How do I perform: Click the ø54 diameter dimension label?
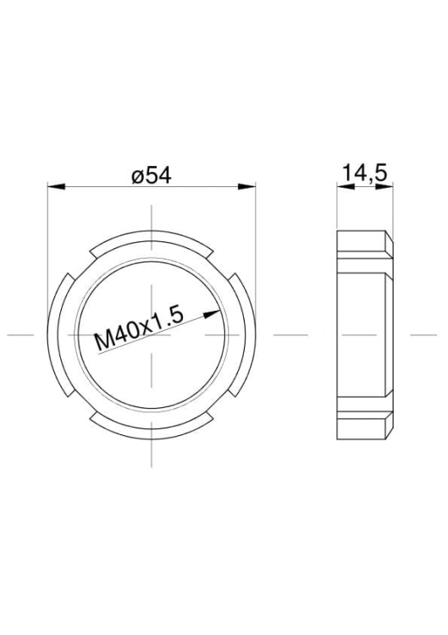pos(152,175)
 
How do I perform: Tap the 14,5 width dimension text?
pos(365,173)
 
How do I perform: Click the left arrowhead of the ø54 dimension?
pos(56,186)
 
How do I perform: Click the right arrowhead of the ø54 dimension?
pos(246,186)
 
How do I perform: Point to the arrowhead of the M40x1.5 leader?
pos(212,314)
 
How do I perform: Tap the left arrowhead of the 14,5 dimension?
pos(346,186)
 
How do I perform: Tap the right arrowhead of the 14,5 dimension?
pos(384,186)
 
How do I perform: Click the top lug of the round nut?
pos(152,236)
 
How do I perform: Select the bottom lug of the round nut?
pos(152,433)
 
